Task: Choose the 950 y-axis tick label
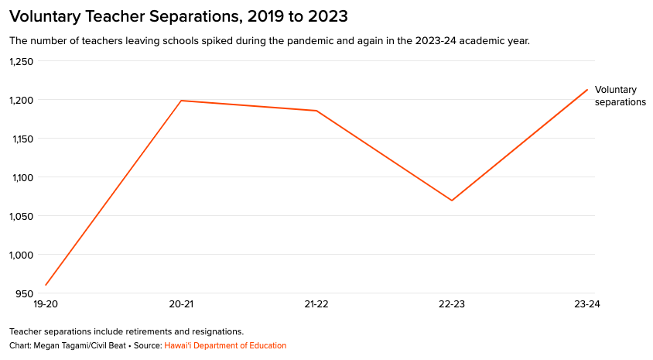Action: [x=25, y=293]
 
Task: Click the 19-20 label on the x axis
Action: [x=46, y=304]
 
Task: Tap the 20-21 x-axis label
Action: [x=181, y=304]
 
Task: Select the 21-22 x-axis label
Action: [x=316, y=304]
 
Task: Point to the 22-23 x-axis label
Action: [x=452, y=304]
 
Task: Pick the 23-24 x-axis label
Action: [x=587, y=304]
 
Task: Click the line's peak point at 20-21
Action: [x=181, y=101]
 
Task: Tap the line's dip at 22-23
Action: [x=452, y=201]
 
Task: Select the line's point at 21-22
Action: [x=316, y=111]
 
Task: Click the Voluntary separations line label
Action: [x=620, y=96]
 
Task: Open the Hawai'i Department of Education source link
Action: [x=225, y=345]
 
